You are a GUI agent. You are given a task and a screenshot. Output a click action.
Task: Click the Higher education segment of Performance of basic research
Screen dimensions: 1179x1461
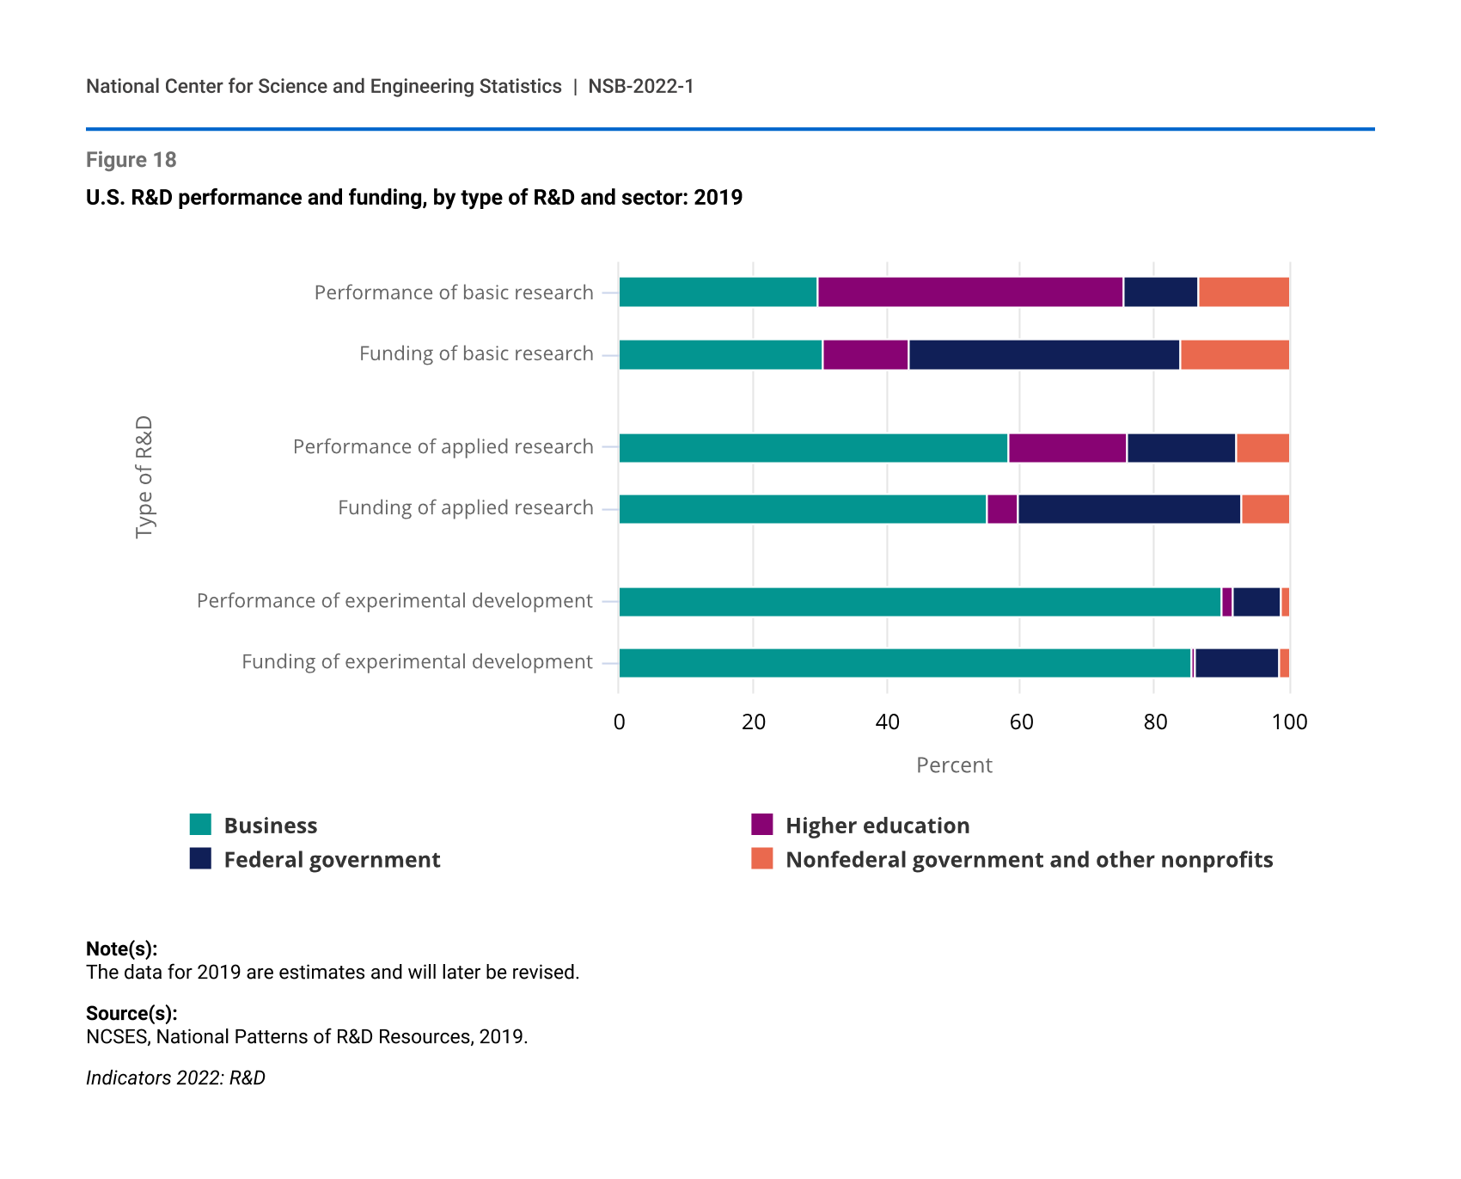tap(970, 292)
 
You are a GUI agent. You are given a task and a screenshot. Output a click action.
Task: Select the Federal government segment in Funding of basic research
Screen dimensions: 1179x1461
tap(1044, 354)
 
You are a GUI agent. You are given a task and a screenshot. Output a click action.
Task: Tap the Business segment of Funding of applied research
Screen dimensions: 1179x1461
tap(803, 509)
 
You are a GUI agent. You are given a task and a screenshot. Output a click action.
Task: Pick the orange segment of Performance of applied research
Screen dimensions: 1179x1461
tap(1262, 448)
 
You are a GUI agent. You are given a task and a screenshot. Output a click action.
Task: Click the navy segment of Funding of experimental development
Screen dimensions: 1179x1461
tap(1237, 663)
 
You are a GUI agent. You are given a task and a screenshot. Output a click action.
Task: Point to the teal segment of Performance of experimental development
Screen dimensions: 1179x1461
tap(920, 602)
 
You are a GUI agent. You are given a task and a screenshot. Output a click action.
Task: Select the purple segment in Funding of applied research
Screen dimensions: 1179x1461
tap(1002, 509)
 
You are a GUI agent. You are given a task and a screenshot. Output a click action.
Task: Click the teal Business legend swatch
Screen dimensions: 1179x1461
tap(200, 825)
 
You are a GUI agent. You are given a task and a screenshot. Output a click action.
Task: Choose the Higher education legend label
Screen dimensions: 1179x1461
tap(877, 826)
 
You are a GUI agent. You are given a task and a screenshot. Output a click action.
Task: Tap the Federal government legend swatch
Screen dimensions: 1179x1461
tap(200, 859)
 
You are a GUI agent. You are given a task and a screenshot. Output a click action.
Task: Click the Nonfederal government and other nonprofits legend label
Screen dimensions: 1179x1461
tap(1029, 860)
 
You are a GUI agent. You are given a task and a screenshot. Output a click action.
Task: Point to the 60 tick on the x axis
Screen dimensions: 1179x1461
tap(1021, 722)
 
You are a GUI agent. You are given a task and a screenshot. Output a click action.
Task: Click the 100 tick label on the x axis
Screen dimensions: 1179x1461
tap(1289, 722)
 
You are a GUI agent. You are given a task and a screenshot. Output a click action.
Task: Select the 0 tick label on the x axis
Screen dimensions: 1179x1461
tap(619, 722)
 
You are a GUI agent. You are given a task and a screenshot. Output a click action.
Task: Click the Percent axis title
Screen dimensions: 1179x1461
tap(954, 765)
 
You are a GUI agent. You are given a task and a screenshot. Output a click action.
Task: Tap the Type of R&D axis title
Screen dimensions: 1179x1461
tap(144, 477)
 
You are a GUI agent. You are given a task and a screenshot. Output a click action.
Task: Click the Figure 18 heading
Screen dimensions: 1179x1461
tap(131, 160)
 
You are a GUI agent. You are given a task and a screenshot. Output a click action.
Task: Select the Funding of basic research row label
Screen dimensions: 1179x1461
tap(476, 353)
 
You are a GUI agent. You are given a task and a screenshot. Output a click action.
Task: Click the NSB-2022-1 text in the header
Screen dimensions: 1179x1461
tap(641, 86)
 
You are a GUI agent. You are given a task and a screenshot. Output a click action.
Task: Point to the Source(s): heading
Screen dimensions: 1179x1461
tap(131, 1013)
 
